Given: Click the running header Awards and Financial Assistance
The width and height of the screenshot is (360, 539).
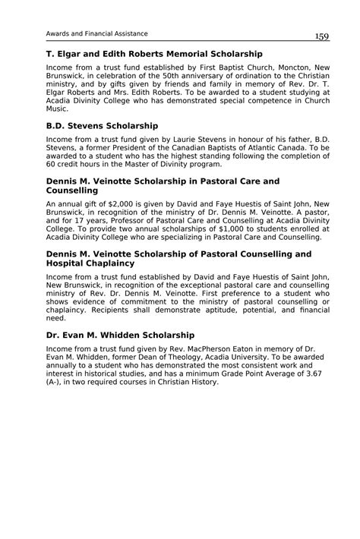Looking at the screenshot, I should point(97,33).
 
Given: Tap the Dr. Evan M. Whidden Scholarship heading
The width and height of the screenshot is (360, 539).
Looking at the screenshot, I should point(120,335).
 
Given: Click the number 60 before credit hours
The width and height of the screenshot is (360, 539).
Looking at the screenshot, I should point(51,163).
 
